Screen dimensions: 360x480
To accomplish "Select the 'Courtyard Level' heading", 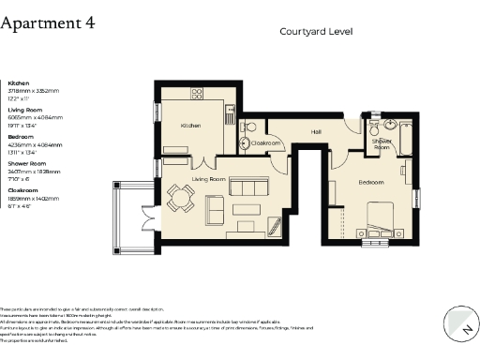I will (x=316, y=31).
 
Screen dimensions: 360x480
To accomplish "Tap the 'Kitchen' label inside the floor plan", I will (x=191, y=125).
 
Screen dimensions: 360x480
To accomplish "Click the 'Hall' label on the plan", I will (x=316, y=131).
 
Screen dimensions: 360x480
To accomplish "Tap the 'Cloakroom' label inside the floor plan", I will (x=267, y=143).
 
